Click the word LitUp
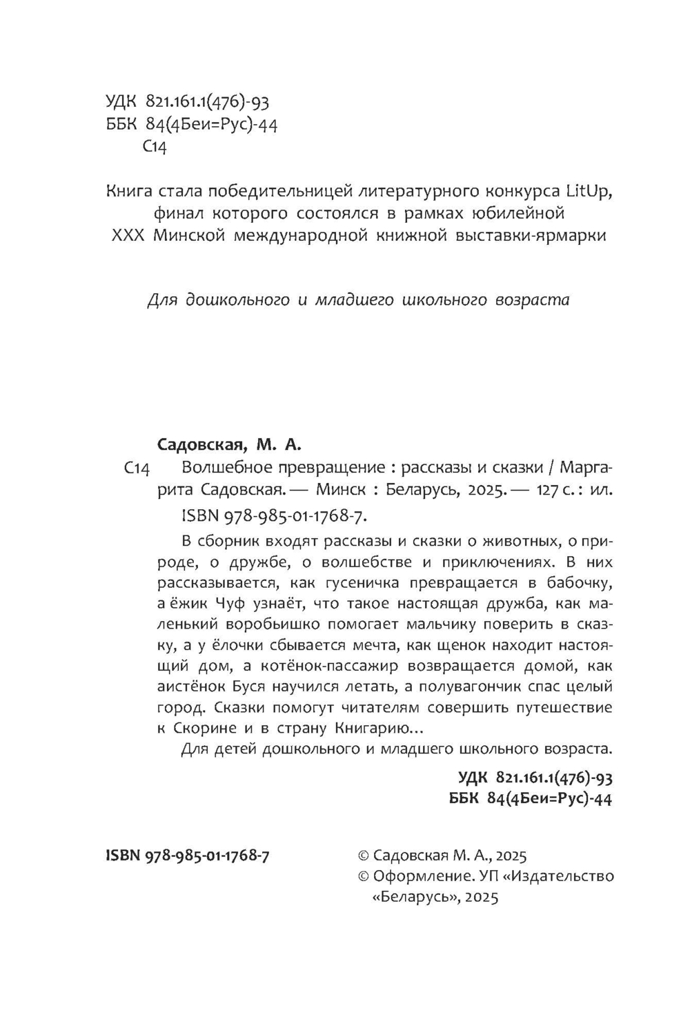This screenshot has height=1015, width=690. click(589, 190)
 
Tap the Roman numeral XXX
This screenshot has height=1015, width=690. click(128, 235)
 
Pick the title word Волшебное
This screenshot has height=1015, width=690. click(221, 467)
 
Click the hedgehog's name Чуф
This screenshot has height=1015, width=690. click(217, 604)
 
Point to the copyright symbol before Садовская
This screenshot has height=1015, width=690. click(364, 856)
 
